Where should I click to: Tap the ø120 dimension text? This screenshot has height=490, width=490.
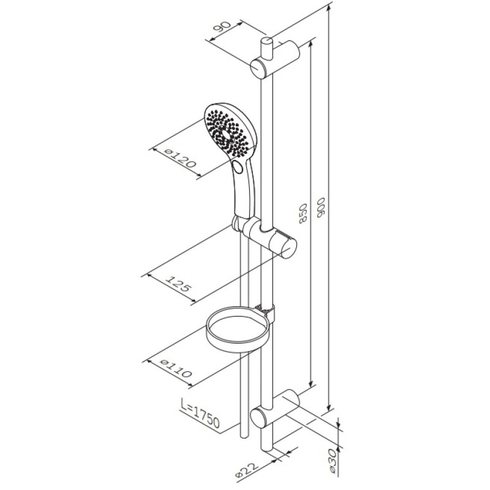point(180,158)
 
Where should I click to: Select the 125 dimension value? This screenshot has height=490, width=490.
point(177,283)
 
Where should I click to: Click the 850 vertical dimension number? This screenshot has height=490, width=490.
point(303,213)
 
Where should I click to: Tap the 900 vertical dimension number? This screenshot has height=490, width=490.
point(322,207)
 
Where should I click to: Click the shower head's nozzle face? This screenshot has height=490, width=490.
point(227,130)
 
